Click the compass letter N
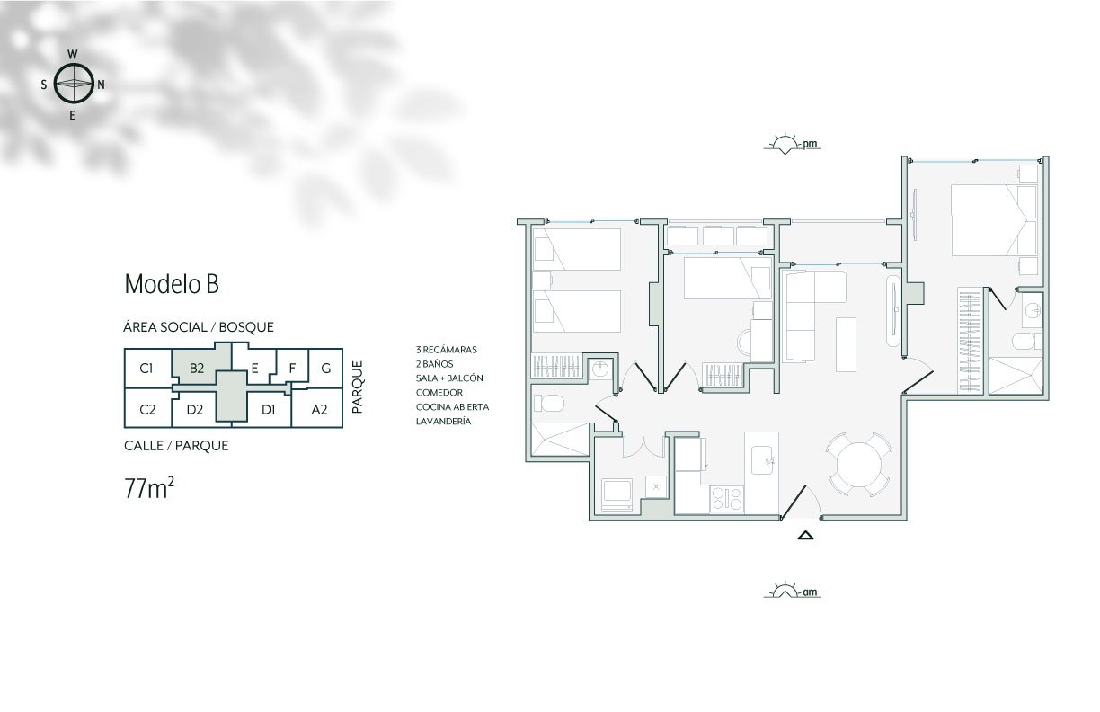pos(102,85)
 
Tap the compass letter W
pos(72,54)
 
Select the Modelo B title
pos(172,284)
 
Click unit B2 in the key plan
pos(197,368)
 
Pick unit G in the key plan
pos(325,368)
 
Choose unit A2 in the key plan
pos(319,409)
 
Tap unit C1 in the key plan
pos(146,368)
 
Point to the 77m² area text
pos(149,488)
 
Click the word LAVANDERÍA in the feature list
pos(443,422)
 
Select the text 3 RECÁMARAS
pos(447,350)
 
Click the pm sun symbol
pos(792,144)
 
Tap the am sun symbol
pos(792,591)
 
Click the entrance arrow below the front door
pos(805,535)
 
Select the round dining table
pos(859,465)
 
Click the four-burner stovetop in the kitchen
pos(727,499)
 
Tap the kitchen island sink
pos(762,460)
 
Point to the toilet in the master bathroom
pos(1027,341)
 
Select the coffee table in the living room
pos(846,344)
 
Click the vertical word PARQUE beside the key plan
pos(358,387)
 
